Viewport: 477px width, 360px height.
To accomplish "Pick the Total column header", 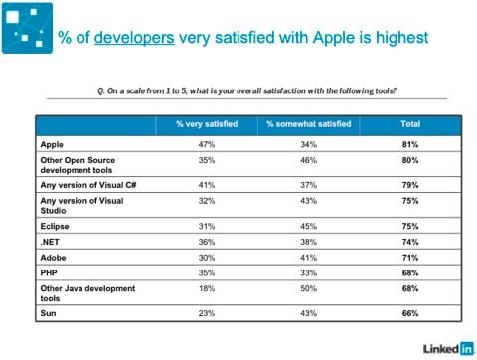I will pos(408,124).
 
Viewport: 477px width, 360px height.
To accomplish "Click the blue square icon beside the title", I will pos(29,28).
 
